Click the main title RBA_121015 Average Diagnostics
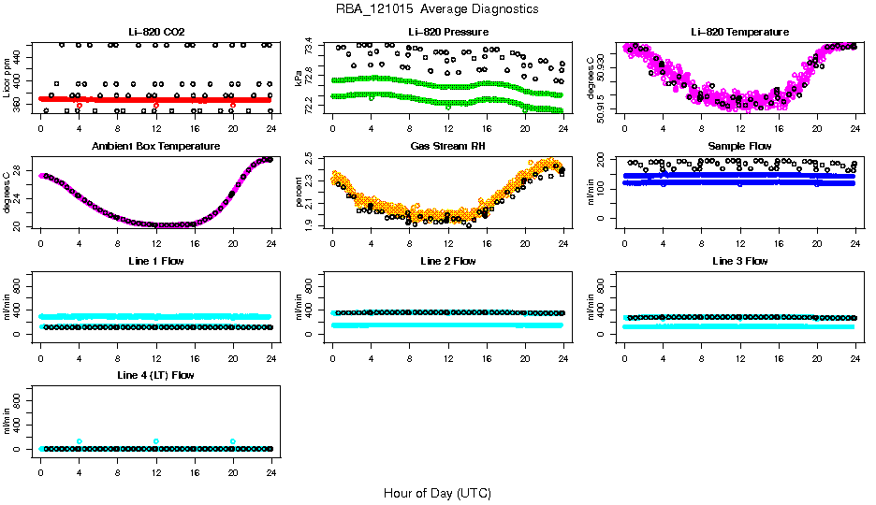[437, 9]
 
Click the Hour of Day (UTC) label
[437, 493]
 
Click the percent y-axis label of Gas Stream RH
[299, 192]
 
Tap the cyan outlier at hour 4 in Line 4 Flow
[80, 441]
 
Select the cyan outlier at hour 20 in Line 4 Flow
[233, 441]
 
